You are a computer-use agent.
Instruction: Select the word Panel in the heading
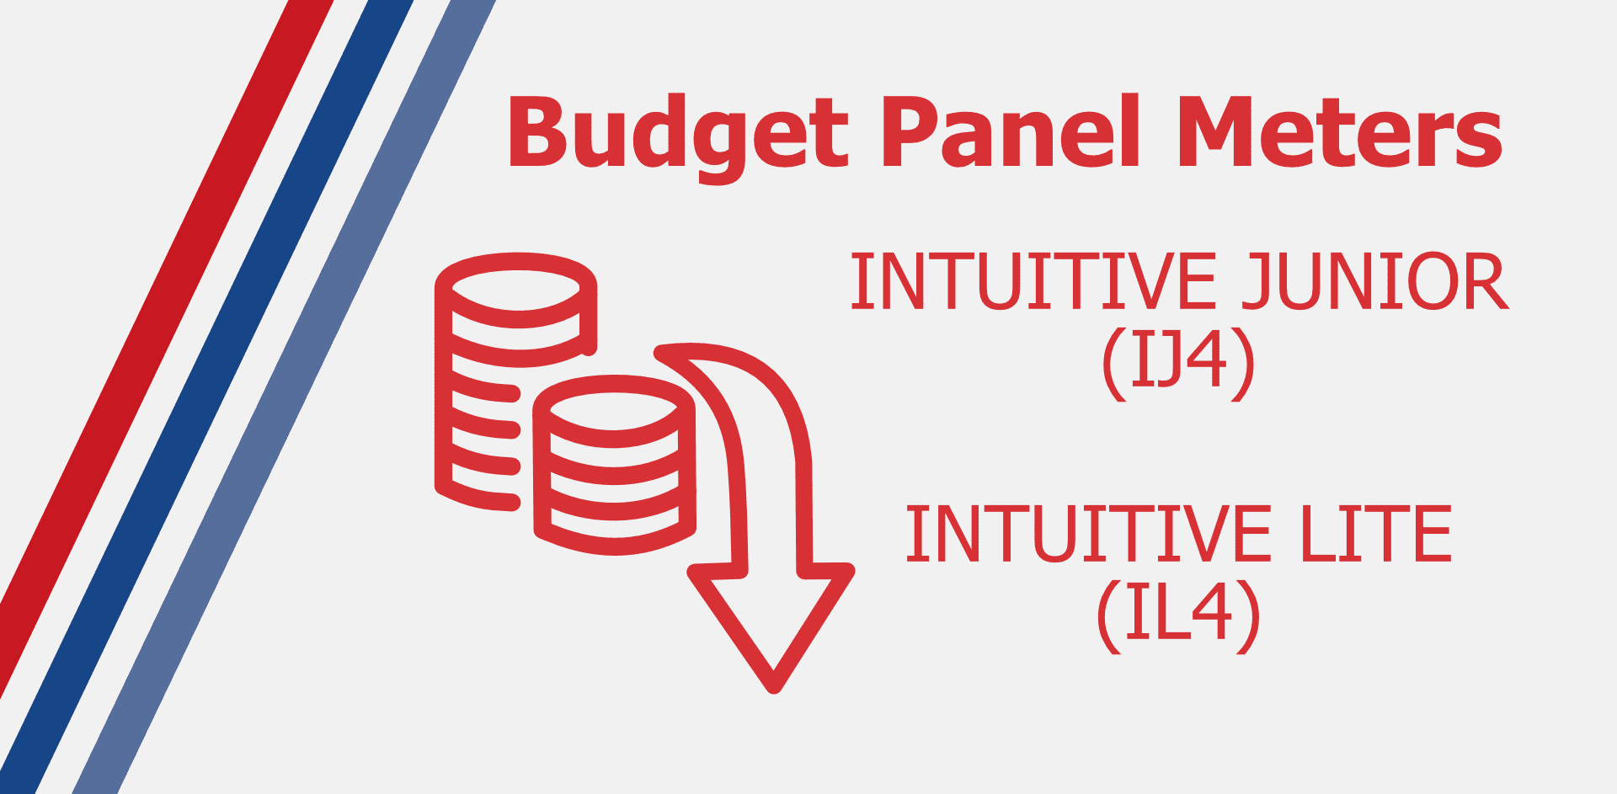point(1011,130)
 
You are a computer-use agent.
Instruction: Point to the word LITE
point(1377,534)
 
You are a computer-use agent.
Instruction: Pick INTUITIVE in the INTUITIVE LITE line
point(1088,534)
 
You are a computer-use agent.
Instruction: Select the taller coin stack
point(515,381)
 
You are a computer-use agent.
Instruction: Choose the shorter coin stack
point(614,465)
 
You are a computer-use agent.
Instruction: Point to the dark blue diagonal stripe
point(206,396)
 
